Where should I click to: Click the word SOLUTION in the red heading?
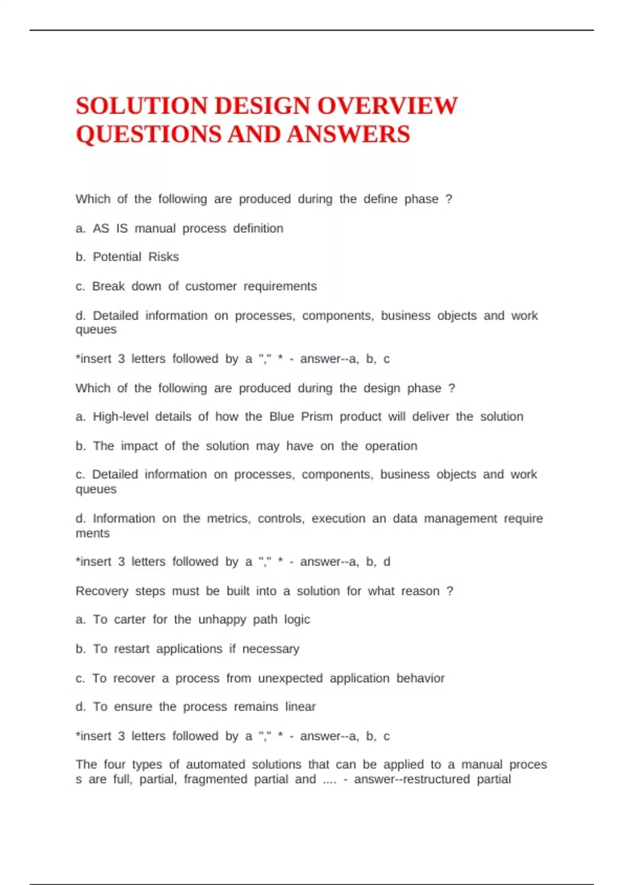[x=141, y=106]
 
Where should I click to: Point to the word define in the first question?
[x=380, y=199]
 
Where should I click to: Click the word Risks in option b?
[x=163, y=257]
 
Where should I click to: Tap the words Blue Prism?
[x=301, y=416]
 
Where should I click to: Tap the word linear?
[x=300, y=706]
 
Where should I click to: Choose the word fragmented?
[x=215, y=779]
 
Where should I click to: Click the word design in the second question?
[x=382, y=388]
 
